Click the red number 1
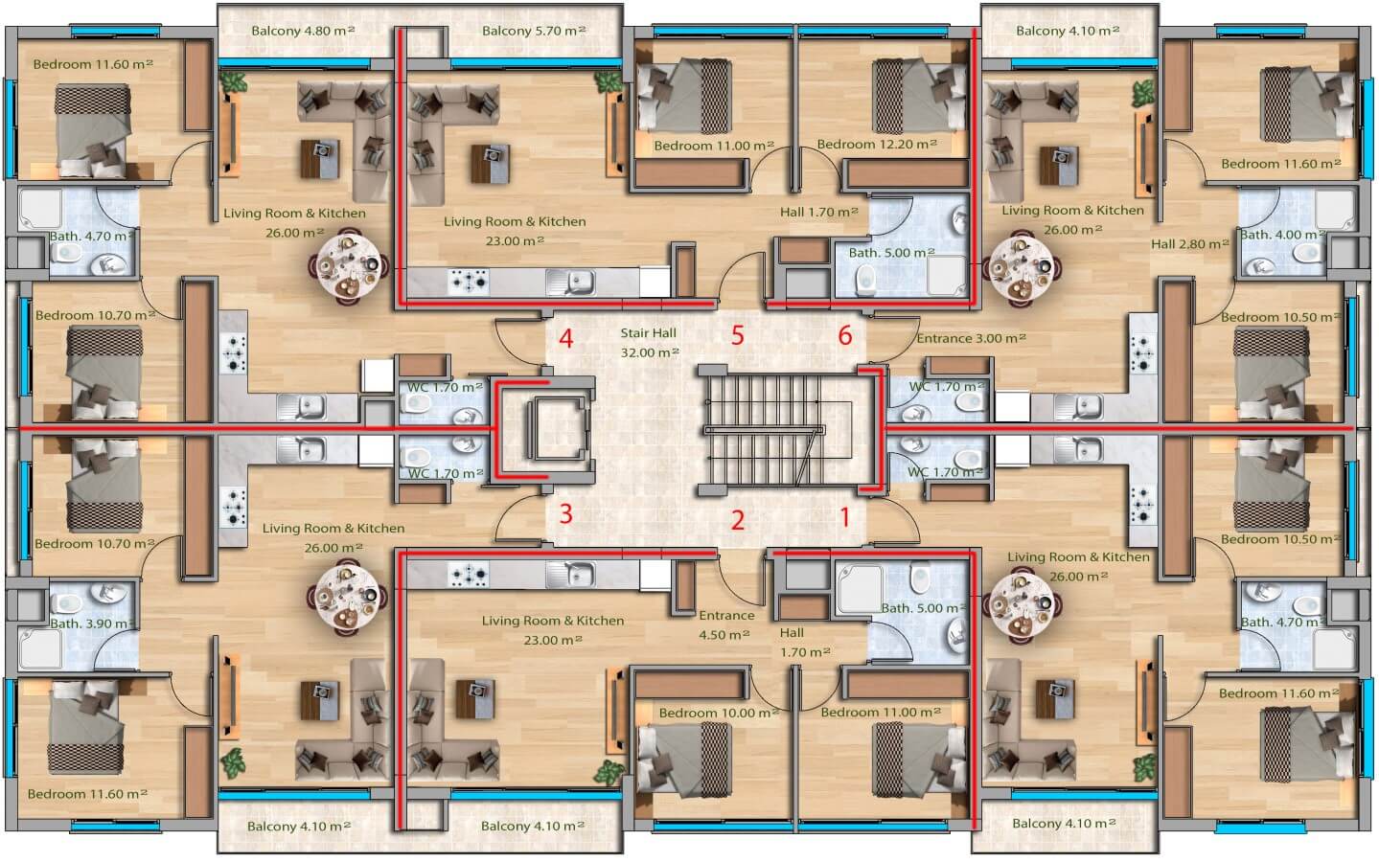pos(845,517)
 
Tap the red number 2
pos(738,520)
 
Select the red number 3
pos(565,513)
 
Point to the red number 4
pos(566,338)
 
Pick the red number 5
pos(738,335)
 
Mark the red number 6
pos(845,335)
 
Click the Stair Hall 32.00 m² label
pos(649,343)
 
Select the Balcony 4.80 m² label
pos(303,30)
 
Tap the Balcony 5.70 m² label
pos(534,30)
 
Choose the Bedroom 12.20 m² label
pos(877,144)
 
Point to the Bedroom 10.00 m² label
pos(719,713)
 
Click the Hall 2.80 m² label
pos(1190,243)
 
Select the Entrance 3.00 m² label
pos(971,338)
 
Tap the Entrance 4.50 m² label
pos(725,625)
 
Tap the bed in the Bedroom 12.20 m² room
pos(916,96)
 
